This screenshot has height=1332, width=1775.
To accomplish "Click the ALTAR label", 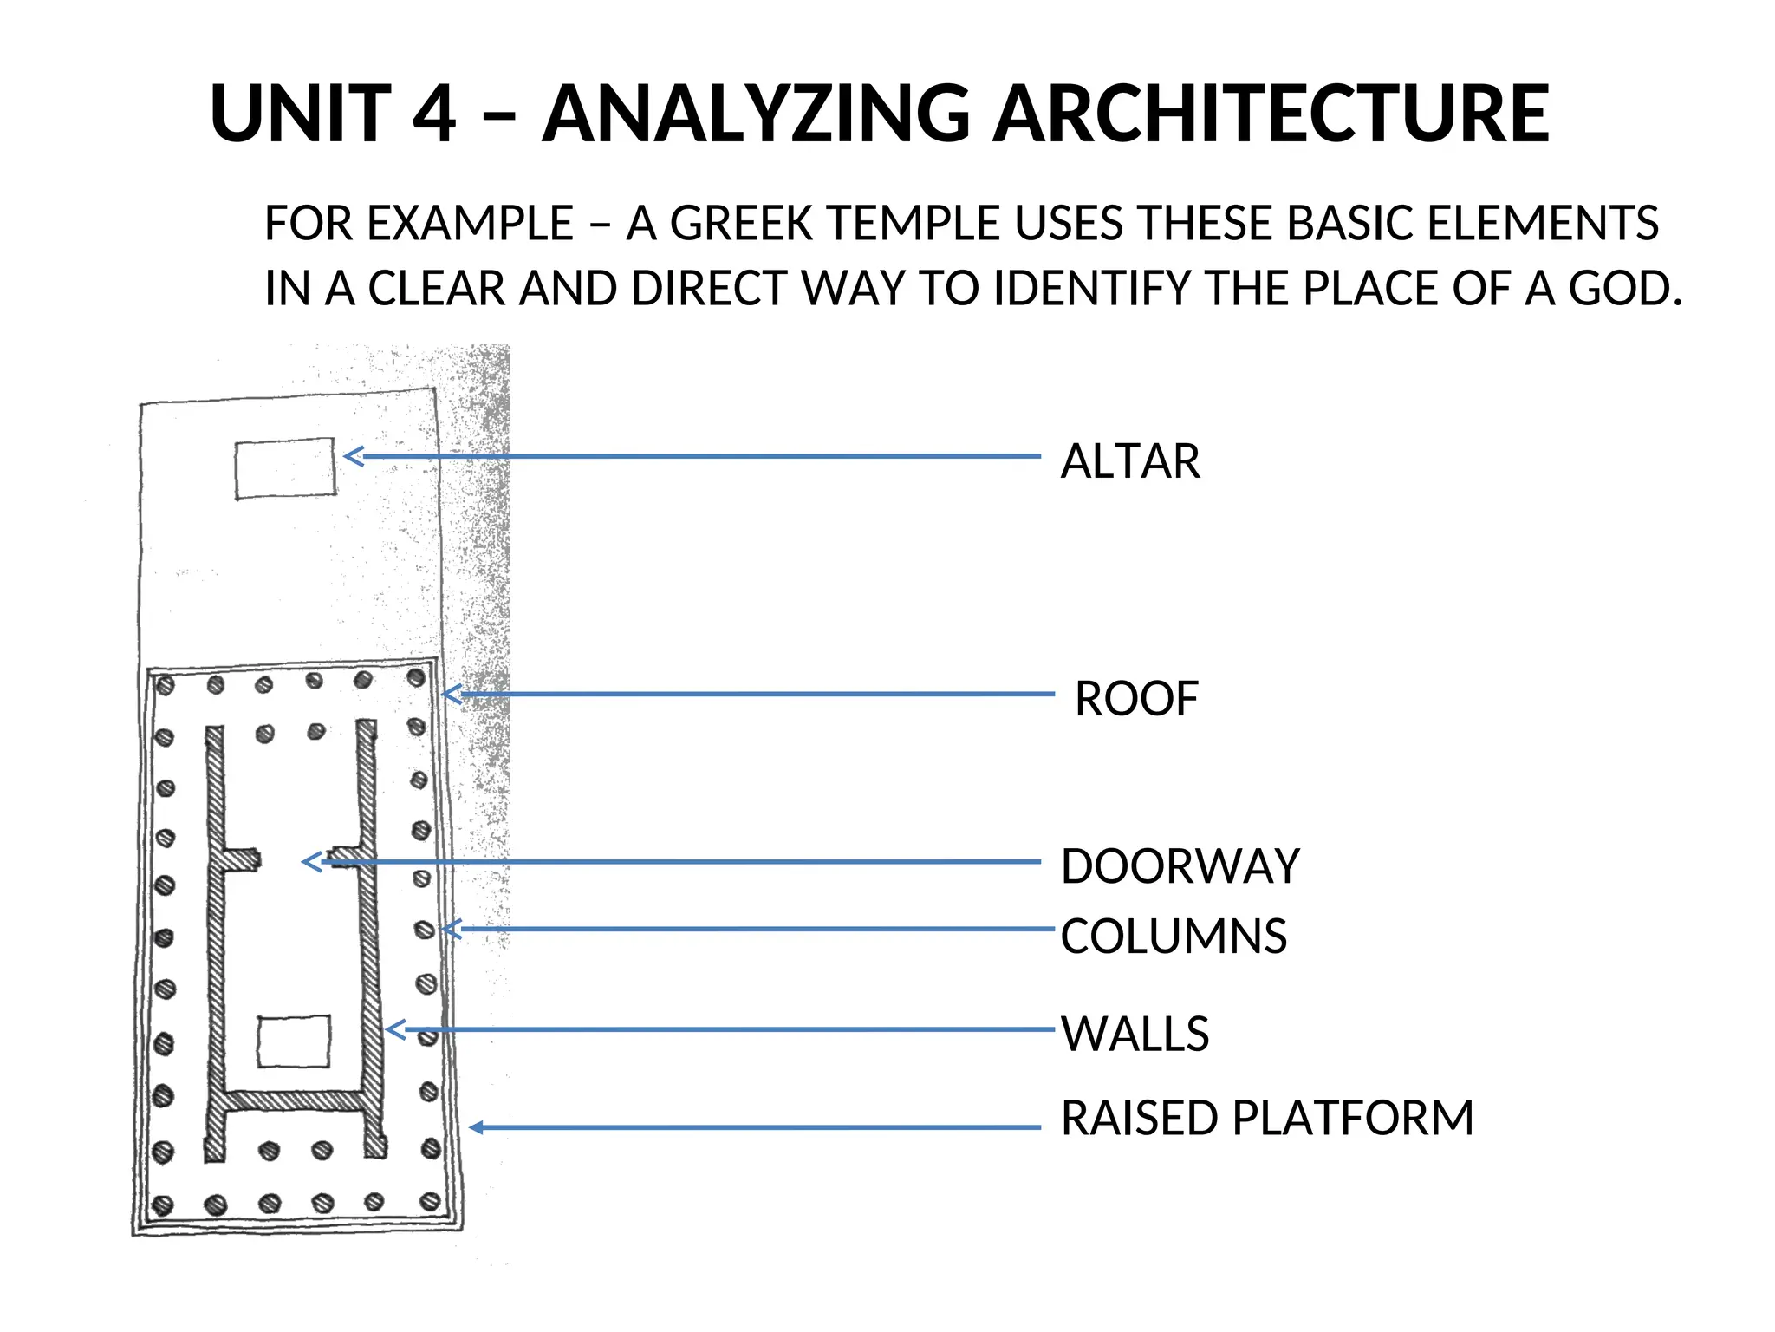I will [x=1130, y=460].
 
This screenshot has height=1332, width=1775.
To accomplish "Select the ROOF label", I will [x=1136, y=699].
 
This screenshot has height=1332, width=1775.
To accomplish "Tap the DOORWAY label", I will [x=1180, y=866].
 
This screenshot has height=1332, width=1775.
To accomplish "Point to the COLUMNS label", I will [x=1174, y=937].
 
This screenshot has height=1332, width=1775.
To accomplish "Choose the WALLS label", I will [x=1135, y=1034].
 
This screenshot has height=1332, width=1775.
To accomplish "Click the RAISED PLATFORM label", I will [x=1267, y=1118].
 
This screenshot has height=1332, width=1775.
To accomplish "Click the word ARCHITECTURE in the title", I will [x=1271, y=114].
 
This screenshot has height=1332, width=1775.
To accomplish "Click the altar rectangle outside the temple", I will [x=285, y=468].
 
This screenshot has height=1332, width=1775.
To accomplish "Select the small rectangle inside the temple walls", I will [x=294, y=1041].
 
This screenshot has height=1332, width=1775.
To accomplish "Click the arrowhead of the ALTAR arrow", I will [x=351, y=456].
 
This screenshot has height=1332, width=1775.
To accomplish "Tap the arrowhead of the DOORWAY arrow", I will [x=310, y=862].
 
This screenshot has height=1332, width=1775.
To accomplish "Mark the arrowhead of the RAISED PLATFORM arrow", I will [x=475, y=1127].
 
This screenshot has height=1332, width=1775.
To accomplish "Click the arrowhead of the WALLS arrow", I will [x=393, y=1030].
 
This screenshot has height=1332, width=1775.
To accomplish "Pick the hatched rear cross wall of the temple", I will [x=295, y=1100].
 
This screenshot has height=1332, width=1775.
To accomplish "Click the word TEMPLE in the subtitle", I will [x=915, y=223].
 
